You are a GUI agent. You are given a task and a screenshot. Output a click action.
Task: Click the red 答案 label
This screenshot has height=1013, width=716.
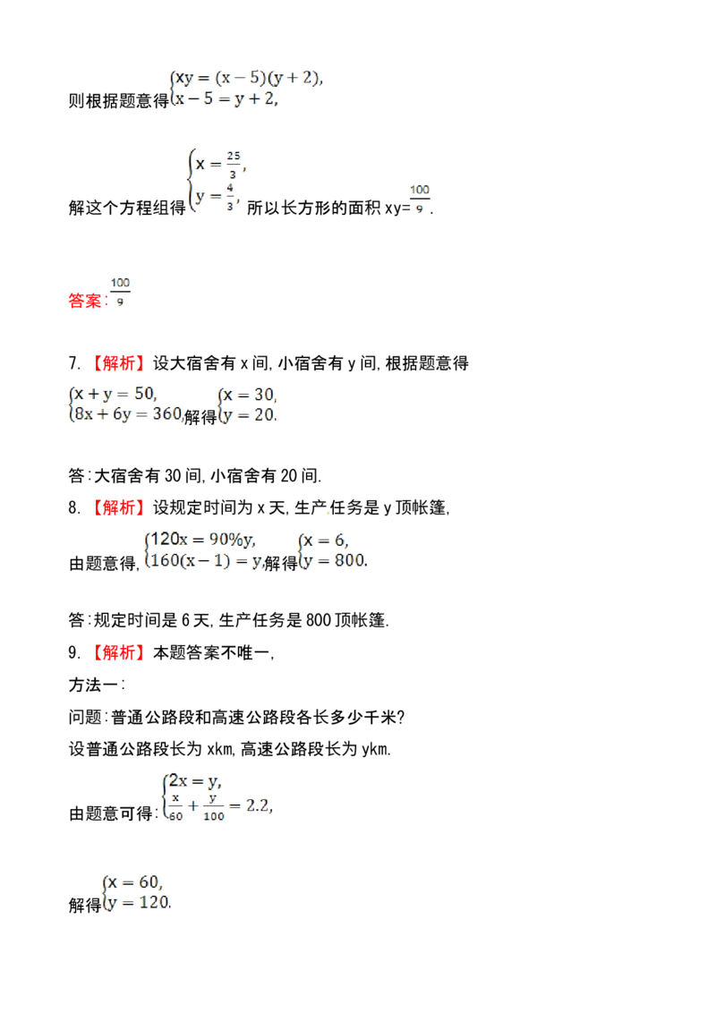point(85,301)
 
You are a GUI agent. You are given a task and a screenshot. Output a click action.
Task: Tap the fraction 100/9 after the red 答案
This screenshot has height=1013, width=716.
point(120,292)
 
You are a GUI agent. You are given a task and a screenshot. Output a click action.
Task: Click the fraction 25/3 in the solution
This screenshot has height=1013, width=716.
point(234,165)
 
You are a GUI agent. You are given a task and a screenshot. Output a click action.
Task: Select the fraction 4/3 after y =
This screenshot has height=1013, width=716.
point(230,197)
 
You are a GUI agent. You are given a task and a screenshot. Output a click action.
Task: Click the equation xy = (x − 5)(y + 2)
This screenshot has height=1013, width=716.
point(249,78)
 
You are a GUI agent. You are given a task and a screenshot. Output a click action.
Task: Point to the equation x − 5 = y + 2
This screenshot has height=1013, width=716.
point(226,98)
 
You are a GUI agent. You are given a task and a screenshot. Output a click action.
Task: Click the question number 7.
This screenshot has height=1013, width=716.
point(74,363)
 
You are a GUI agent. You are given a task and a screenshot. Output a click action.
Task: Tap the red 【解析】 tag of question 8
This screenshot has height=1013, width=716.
point(116,507)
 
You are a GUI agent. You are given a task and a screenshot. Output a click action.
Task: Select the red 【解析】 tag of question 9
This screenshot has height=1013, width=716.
point(116,652)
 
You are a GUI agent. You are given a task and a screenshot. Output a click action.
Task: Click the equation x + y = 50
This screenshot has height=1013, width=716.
point(115,394)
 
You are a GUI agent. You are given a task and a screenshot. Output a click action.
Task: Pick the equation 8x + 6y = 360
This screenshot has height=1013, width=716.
point(128,414)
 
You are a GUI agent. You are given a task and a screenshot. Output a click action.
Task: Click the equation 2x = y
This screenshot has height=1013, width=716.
point(195,781)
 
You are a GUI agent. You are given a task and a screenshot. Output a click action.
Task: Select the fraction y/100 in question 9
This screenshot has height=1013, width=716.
point(213,807)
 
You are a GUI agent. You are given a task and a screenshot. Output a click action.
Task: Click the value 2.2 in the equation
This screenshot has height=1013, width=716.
point(259,805)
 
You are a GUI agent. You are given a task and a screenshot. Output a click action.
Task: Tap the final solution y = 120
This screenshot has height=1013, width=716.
point(139,903)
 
